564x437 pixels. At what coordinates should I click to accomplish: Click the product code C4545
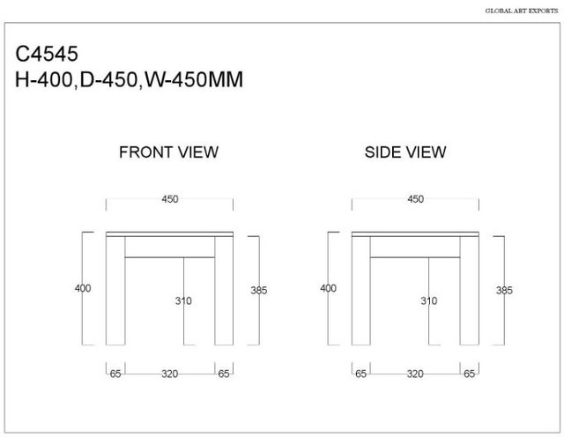pyautogui.click(x=47, y=54)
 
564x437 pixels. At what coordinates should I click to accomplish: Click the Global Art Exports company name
pyautogui.click(x=522, y=11)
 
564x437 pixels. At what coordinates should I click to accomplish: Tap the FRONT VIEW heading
pyautogui.click(x=168, y=152)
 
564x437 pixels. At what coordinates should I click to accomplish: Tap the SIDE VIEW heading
pyautogui.click(x=405, y=152)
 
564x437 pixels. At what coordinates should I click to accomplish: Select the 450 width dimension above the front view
pyautogui.click(x=170, y=199)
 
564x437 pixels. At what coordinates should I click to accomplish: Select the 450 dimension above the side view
pyautogui.click(x=415, y=199)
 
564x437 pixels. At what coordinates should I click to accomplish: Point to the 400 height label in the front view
pyautogui.click(x=83, y=288)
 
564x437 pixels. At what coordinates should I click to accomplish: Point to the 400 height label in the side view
pyautogui.click(x=329, y=288)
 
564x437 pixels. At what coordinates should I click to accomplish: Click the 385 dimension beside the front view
pyautogui.click(x=259, y=290)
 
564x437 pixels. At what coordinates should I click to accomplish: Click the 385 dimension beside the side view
pyautogui.click(x=504, y=290)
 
